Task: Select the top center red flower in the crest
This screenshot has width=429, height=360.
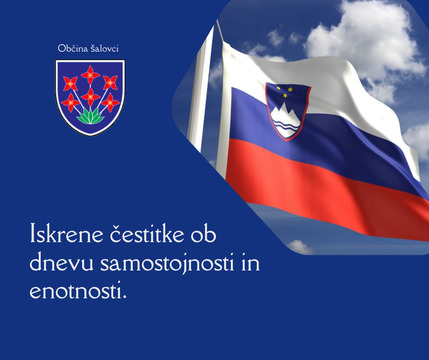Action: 90,73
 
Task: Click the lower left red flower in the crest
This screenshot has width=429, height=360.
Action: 71,102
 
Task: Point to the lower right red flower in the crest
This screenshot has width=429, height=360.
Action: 110,102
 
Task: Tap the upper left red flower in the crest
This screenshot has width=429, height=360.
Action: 70,82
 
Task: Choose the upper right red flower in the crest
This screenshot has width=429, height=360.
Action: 110,82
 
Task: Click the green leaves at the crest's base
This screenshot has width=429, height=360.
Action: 90,117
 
